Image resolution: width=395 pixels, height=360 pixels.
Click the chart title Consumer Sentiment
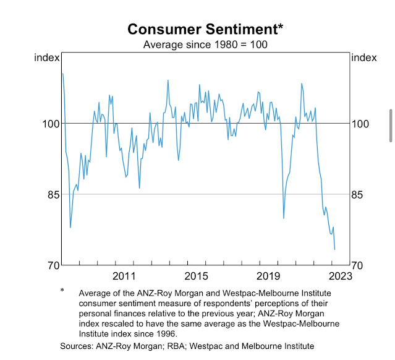tap(197, 29)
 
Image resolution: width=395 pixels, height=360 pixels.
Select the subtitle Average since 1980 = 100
tap(197, 45)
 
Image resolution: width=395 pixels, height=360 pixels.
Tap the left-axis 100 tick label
tap(49, 124)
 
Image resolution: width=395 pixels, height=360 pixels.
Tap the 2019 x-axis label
tap(266, 276)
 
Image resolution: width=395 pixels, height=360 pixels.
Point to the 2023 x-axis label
tap(339, 276)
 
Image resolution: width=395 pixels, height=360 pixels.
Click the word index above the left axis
tap(48, 58)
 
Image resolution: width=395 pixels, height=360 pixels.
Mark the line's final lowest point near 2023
tap(334, 249)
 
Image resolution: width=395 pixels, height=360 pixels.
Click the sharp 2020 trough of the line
tap(284, 218)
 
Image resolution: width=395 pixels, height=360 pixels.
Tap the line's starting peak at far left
tap(63, 74)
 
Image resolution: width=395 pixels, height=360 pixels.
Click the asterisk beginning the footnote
tap(62, 291)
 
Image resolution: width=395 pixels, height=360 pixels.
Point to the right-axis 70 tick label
tap(360, 266)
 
